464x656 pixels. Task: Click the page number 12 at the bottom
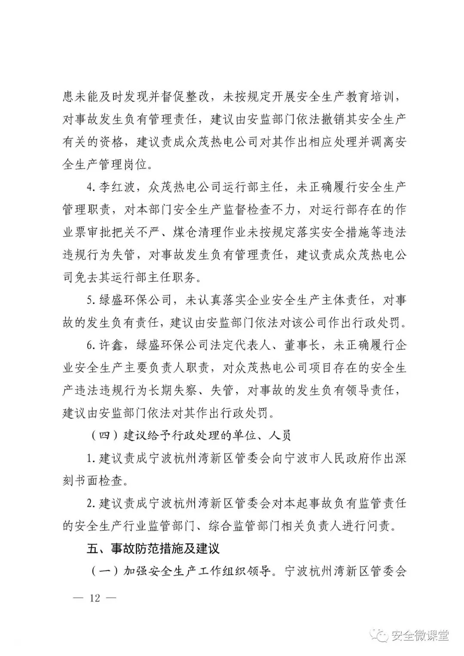coord(95,597)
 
